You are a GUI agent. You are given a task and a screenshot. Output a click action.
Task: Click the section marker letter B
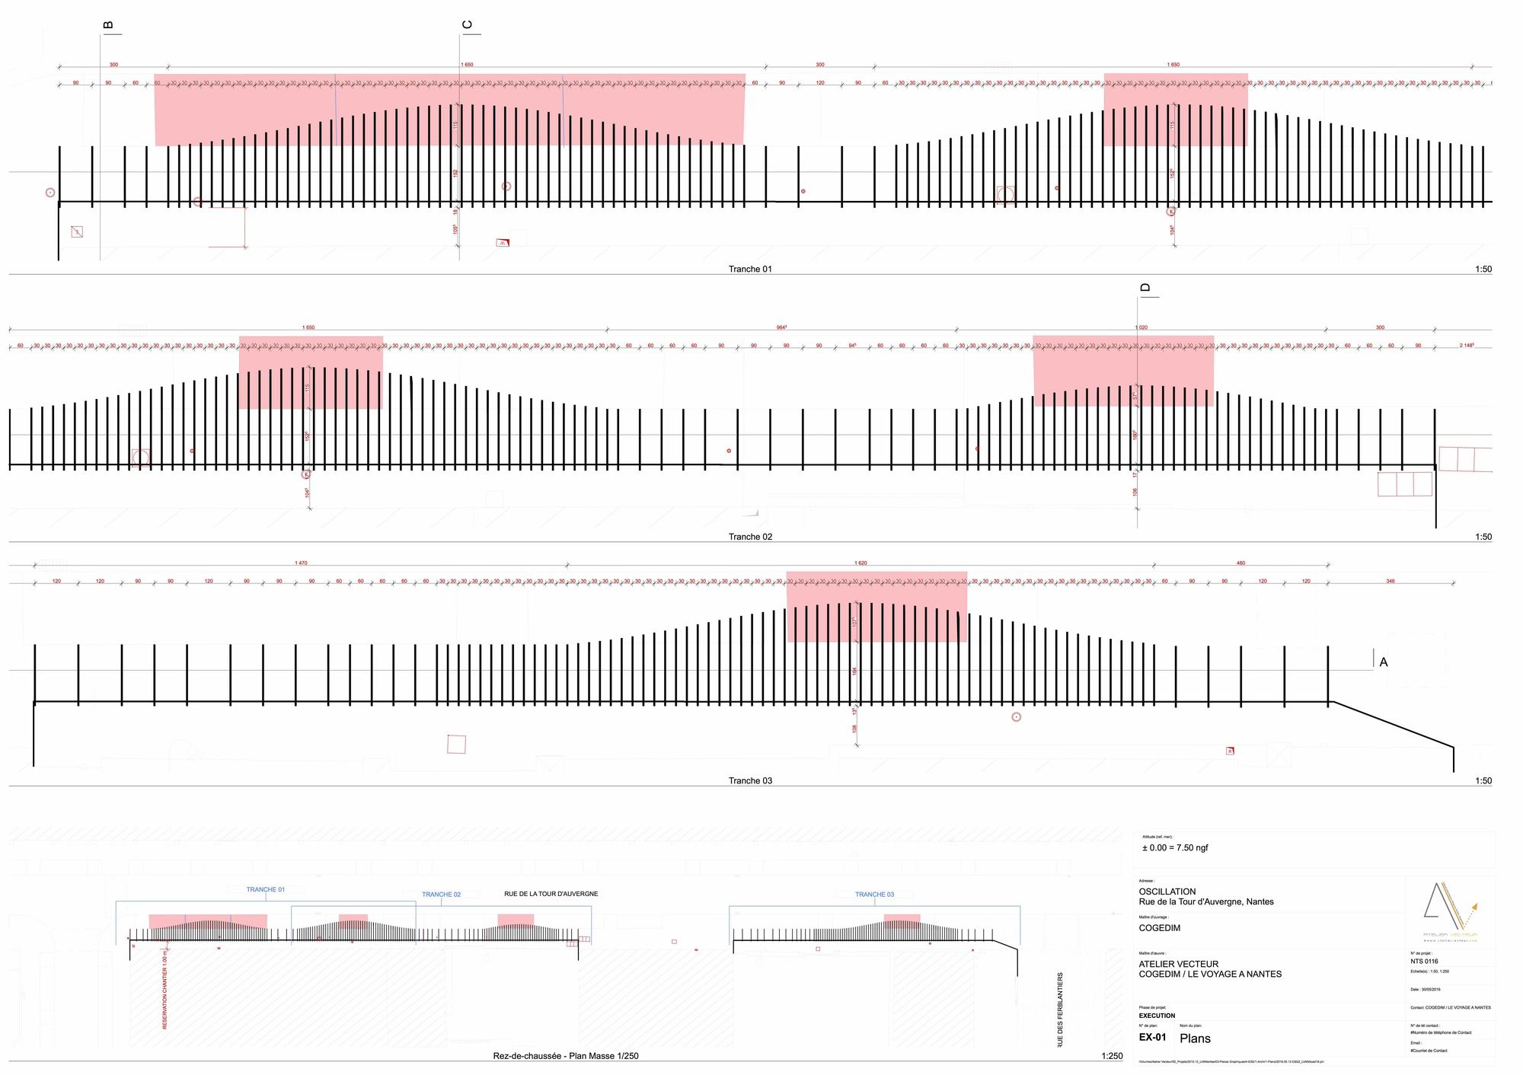(108, 25)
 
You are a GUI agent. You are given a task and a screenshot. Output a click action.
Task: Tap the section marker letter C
(467, 25)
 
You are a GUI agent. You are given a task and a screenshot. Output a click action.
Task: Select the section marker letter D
(1145, 288)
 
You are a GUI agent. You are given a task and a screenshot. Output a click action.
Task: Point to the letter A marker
(1384, 662)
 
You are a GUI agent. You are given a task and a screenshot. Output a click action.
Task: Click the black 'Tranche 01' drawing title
(750, 269)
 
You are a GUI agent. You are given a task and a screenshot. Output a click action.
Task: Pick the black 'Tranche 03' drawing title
(750, 780)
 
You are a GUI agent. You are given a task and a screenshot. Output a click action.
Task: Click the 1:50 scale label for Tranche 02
(1483, 537)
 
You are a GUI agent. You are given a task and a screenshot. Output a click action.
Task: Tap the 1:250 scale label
(1112, 1056)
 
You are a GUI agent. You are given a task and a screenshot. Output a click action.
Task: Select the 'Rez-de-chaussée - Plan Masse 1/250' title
(566, 1056)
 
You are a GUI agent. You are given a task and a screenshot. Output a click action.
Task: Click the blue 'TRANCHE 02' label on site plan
(441, 895)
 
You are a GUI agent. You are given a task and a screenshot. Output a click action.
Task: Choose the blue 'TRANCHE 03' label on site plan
(874, 895)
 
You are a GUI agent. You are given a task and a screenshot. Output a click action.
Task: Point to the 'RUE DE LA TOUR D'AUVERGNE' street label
(551, 894)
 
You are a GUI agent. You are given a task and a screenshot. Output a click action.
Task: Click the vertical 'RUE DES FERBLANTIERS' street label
(1060, 1010)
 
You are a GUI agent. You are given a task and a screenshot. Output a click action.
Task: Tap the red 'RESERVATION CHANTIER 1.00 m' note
(164, 988)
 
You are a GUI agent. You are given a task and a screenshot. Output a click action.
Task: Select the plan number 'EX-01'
(1152, 1037)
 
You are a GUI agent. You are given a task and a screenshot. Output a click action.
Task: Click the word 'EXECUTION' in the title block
(1157, 1016)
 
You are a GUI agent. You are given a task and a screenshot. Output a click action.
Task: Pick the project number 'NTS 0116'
(1424, 962)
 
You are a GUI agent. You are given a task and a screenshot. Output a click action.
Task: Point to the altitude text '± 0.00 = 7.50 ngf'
(1174, 847)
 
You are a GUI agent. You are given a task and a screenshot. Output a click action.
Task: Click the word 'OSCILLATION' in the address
(1167, 892)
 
